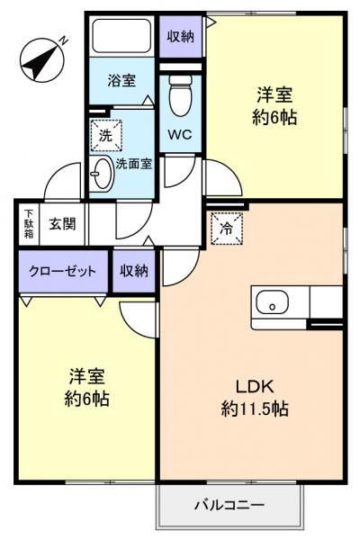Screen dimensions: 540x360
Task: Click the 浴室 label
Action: [x=123, y=81]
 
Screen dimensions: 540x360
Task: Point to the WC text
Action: [x=180, y=135]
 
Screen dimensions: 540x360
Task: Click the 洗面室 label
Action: [x=132, y=165]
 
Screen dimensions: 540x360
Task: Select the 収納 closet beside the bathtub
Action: [x=180, y=36]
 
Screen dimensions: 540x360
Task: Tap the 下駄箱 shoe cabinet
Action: [x=29, y=224]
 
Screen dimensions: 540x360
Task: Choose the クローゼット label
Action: [x=63, y=272]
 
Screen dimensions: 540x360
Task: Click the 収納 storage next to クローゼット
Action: [x=135, y=272]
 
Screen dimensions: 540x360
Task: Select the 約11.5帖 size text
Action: [x=254, y=409]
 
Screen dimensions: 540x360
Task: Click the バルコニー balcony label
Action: [x=229, y=505]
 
